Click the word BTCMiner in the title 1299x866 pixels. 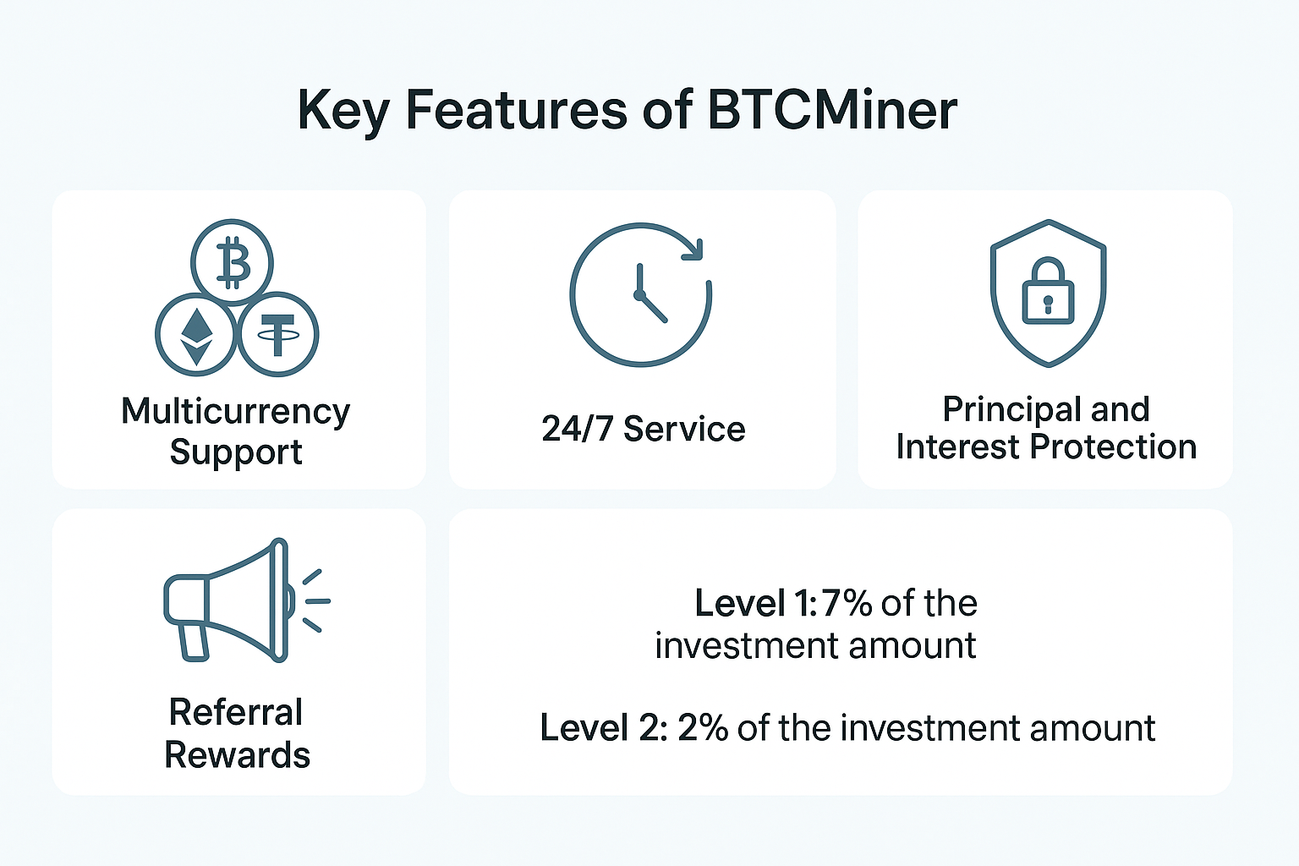point(832,110)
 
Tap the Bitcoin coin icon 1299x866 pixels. point(232,261)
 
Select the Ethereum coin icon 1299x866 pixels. point(196,335)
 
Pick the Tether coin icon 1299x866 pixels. point(278,335)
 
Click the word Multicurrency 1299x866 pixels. point(235,412)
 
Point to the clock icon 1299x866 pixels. point(640,294)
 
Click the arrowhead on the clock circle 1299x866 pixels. point(693,249)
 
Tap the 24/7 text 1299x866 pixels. point(577,430)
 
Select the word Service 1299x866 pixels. point(684,430)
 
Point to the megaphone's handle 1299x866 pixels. point(194,641)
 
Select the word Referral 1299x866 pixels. point(236,712)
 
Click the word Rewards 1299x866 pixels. point(237,755)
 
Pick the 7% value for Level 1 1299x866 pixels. point(847,604)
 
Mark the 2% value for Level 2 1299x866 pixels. point(703,728)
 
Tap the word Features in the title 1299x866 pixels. point(517,110)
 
